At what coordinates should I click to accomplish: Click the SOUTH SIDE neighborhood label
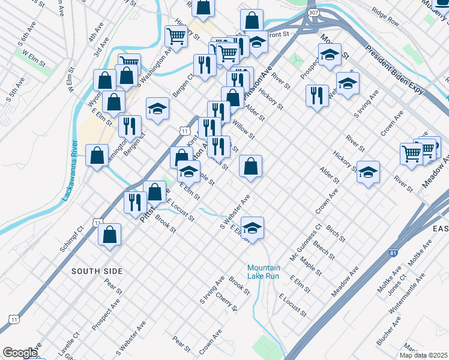[97, 271]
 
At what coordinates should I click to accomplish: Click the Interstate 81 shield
[393, 255]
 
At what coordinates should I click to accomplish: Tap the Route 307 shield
[312, 13]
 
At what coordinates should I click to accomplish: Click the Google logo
[20, 353]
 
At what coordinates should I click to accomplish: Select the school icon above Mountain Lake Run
[253, 228]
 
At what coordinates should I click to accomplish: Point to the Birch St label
[336, 233]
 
